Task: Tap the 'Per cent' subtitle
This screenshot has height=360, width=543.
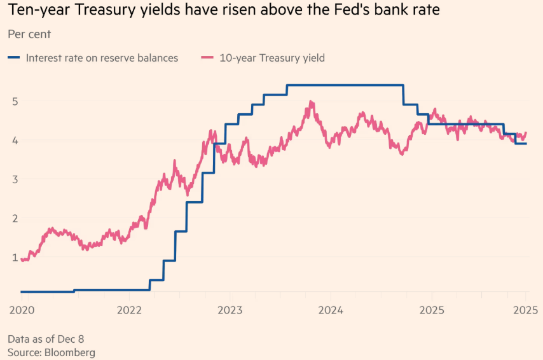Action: (29, 34)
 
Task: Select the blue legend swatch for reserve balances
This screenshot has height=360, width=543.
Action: (14, 58)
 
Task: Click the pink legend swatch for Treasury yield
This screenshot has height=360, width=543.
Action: (207, 58)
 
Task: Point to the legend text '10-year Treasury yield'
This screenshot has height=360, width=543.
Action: (272, 58)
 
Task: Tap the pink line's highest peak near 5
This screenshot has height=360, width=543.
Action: (311, 102)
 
